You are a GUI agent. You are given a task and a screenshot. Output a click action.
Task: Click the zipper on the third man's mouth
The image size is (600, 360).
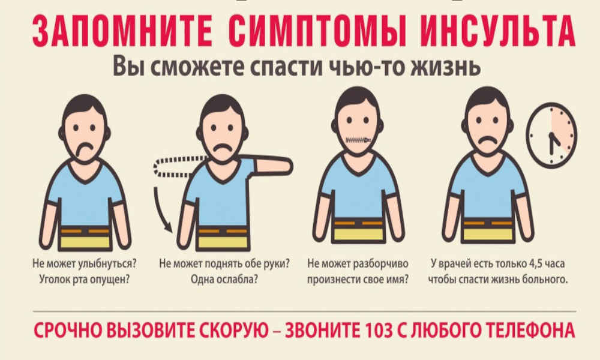[x=358, y=140]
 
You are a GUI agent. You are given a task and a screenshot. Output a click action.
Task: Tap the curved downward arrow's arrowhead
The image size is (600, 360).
[x=167, y=226]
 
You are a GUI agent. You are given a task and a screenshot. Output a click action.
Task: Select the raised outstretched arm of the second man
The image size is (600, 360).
[x=272, y=166]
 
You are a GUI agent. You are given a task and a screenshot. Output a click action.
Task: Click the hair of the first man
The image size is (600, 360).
[x=84, y=105]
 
